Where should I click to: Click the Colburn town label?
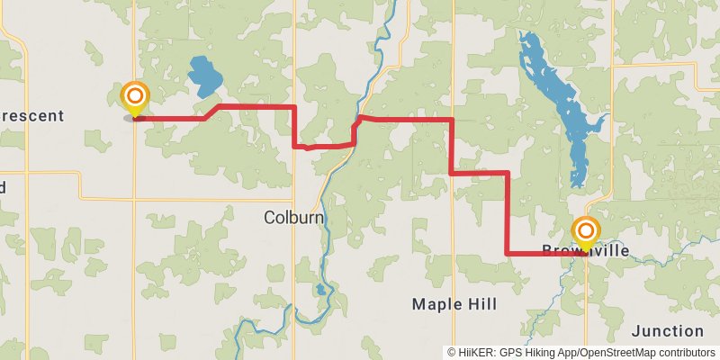pos(293,217)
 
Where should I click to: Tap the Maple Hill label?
pos(454,304)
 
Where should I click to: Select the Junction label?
pos(667,331)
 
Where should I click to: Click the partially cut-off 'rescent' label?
pos(32,115)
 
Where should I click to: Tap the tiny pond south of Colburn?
pos(320,290)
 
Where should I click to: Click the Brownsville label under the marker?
pos(585,251)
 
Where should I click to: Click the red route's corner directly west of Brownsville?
pos(508,254)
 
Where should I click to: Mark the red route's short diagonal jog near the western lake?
pos(212,112)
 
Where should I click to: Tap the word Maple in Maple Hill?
pos(436,304)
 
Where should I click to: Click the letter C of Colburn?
pos(269,217)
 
